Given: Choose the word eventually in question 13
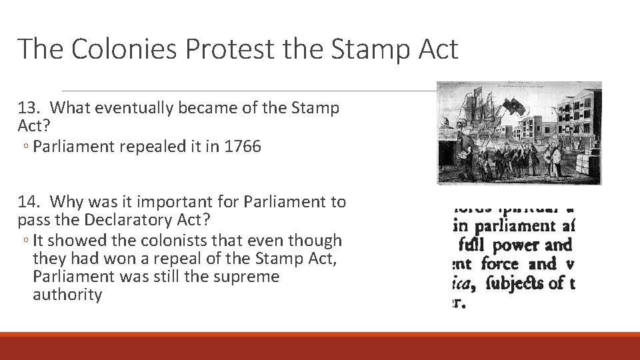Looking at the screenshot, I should click(x=129, y=107).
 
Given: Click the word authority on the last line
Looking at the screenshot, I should click(x=67, y=295).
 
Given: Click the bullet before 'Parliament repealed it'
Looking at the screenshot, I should click(x=25, y=147).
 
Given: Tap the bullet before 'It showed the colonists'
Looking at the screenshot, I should click(x=25, y=241).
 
